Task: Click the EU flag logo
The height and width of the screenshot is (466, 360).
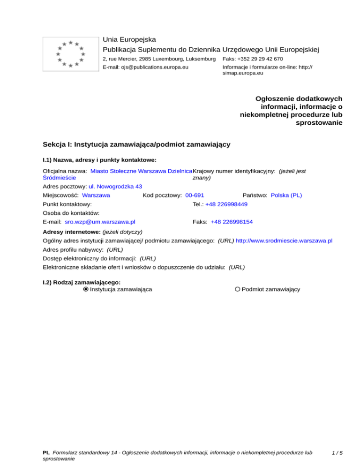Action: click(70, 54)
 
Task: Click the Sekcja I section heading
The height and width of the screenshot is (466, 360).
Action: click(136, 144)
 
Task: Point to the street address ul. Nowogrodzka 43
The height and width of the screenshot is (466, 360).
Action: click(115, 186)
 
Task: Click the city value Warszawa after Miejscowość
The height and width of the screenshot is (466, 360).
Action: click(96, 195)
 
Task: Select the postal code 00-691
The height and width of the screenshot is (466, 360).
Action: click(195, 195)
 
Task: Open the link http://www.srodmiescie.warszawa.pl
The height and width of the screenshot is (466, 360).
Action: click(284, 241)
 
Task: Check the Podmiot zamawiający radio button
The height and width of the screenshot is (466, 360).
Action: click(238, 289)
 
